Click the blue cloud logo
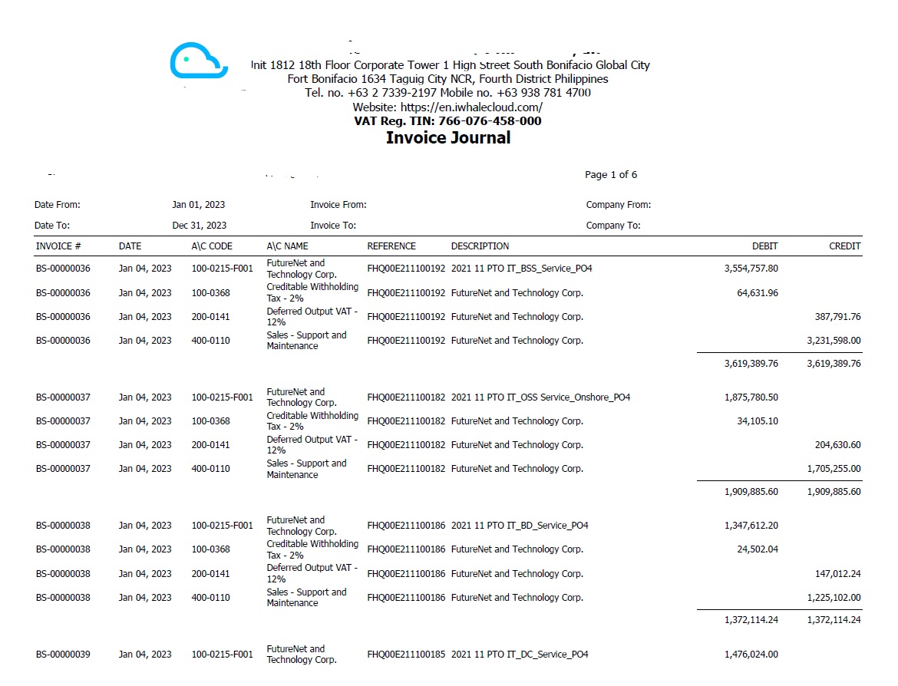click(199, 62)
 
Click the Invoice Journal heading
click(447, 138)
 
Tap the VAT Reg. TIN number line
click(447, 121)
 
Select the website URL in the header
click(447, 107)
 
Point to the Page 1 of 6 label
click(610, 175)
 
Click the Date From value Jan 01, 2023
click(198, 205)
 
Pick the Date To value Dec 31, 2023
click(199, 226)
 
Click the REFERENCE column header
click(391, 246)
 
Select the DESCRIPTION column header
click(480, 246)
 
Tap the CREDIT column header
click(844, 246)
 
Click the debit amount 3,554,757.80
click(751, 269)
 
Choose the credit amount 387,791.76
click(837, 317)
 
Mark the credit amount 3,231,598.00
click(834, 341)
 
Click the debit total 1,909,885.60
click(751, 492)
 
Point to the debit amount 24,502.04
click(757, 549)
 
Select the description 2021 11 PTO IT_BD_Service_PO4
click(520, 526)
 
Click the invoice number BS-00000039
click(63, 655)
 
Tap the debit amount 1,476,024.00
click(751, 655)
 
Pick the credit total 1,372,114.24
click(834, 620)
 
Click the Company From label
click(618, 205)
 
